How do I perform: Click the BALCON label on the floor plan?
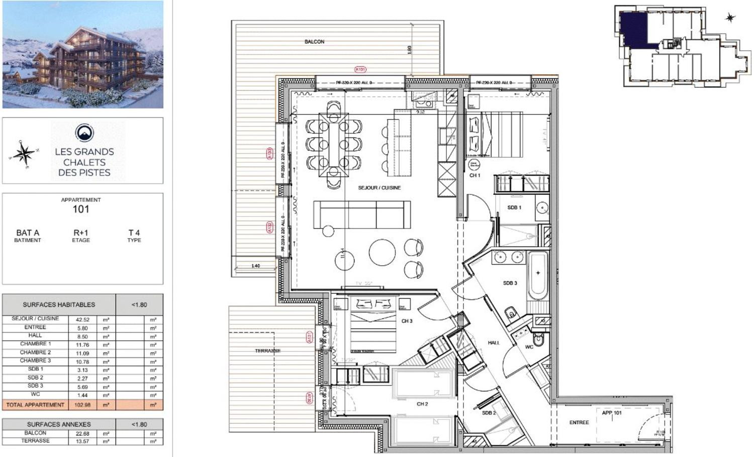(314, 42)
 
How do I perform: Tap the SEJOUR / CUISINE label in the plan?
(379, 188)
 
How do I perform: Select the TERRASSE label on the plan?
(267, 351)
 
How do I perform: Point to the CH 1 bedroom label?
(475, 175)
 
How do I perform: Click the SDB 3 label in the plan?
(510, 283)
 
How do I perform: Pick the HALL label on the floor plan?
(494, 342)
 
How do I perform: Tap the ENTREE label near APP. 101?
(579, 422)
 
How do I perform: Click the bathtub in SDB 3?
(538, 275)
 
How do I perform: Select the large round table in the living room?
(382, 252)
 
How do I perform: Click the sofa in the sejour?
(362, 214)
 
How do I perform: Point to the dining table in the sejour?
(334, 146)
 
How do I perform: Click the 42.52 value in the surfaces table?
(82, 319)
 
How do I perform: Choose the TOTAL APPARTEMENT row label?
(35, 405)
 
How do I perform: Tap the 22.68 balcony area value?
(82, 433)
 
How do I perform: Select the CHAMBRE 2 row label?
(35, 353)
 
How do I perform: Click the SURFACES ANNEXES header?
(59, 424)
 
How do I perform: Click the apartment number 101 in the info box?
(81, 209)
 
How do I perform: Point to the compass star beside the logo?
(23, 154)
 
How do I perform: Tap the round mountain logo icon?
(84, 133)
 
